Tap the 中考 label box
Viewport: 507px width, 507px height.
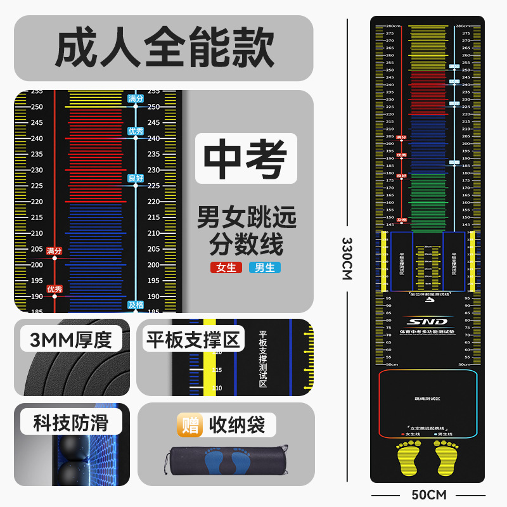point(245,158)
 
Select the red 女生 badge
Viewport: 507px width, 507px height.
point(226,267)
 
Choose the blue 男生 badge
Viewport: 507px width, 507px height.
point(265,267)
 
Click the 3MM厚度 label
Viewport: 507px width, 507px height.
point(70,340)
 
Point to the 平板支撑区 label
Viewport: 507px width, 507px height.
point(194,340)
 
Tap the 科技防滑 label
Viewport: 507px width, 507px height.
point(70,423)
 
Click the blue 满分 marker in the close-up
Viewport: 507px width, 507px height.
point(136,99)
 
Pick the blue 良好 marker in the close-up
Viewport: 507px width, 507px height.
point(136,179)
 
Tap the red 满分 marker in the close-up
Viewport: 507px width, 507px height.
point(55,251)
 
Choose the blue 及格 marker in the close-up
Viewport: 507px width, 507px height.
point(136,305)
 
